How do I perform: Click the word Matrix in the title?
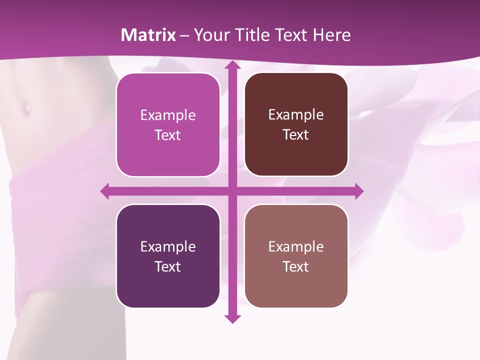click(148, 35)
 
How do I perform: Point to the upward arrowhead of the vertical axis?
click(232, 65)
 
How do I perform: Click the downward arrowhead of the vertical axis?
click(232, 318)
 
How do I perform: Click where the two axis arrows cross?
click(232, 191)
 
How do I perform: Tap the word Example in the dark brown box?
click(296, 115)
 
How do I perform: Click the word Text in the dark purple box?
click(168, 266)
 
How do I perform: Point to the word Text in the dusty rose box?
click(296, 266)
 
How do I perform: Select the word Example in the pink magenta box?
click(168, 115)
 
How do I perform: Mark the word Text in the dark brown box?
click(296, 135)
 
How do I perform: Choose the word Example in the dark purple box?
click(168, 246)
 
